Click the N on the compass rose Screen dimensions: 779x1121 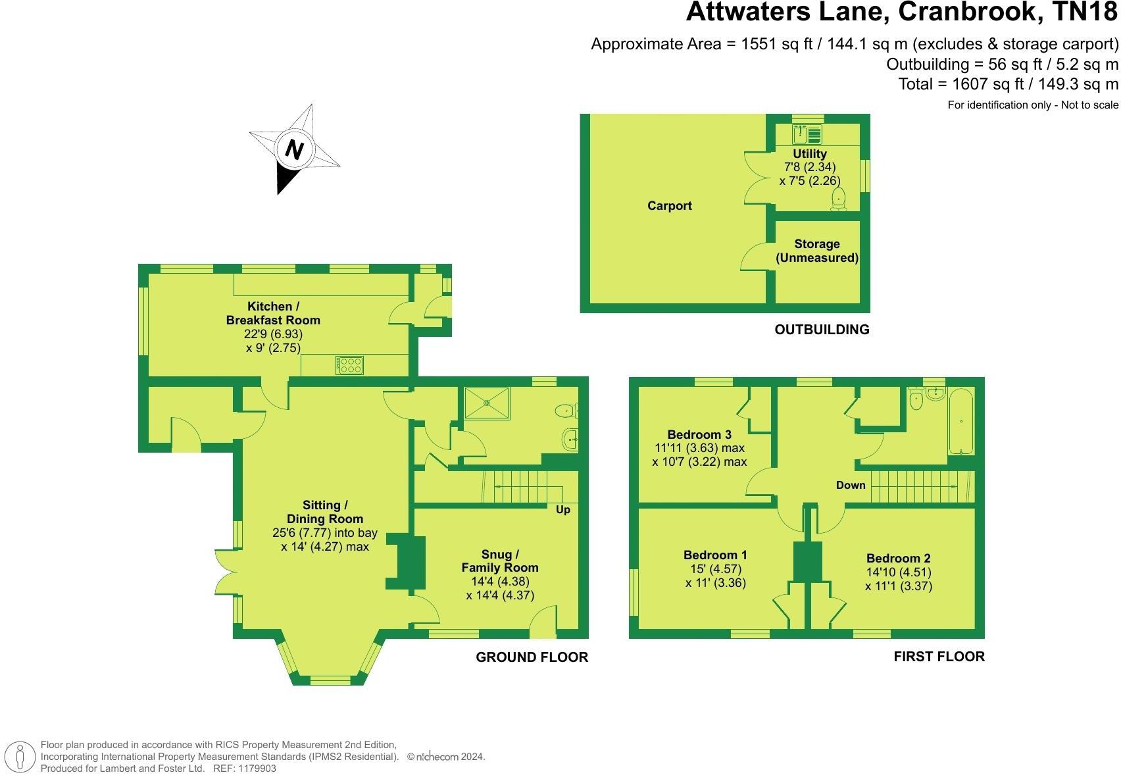click(293, 149)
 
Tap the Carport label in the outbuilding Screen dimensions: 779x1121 click(669, 206)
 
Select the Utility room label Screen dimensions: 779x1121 click(809, 153)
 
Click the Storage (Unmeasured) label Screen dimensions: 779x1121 click(816, 251)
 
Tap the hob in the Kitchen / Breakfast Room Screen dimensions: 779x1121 click(349, 365)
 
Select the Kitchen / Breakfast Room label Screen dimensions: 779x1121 click(273, 313)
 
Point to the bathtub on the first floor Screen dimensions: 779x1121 click(960, 422)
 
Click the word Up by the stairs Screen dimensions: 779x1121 click(563, 510)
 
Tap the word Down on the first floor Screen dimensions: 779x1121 click(851, 486)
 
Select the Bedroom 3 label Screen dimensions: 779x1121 click(699, 434)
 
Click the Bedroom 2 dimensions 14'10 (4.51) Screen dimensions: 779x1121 click(898, 572)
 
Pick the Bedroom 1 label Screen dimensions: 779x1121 click(715, 555)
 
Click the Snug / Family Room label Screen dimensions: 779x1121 click(500, 561)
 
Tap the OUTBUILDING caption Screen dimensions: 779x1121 click(822, 330)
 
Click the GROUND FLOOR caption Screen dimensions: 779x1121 click(532, 657)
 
